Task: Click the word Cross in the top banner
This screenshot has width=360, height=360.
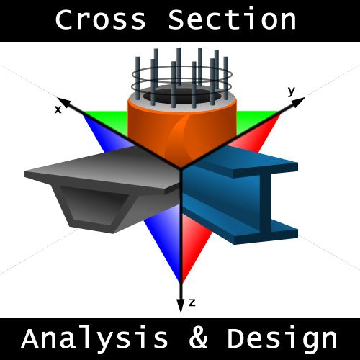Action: coord(101,19)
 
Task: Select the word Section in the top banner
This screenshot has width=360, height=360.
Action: coord(233,18)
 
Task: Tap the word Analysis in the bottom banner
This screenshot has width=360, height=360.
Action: coord(94,339)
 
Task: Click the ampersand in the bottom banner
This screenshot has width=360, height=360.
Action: coord(198,338)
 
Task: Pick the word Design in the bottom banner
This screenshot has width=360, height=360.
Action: coord(282,338)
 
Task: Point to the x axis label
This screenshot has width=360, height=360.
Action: coord(58,110)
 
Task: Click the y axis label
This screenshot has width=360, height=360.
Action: coord(292,91)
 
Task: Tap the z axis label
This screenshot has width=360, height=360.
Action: coord(192,303)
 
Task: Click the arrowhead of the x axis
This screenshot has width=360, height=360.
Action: coord(63,102)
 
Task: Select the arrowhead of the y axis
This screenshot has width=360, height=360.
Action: coord(298,102)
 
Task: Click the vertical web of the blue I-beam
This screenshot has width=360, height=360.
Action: coord(266,202)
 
